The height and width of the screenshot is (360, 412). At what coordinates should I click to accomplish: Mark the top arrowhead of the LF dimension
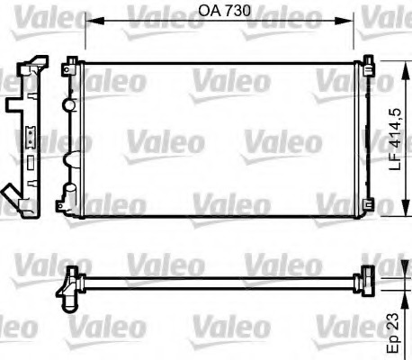[399, 63]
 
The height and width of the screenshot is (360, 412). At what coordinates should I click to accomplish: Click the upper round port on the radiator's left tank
[68, 104]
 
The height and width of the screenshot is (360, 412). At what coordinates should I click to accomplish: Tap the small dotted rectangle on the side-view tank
[28, 138]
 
